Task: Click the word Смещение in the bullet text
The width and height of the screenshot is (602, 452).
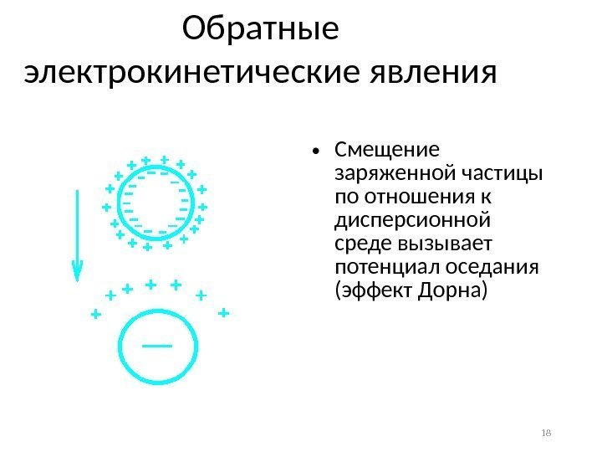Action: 385,152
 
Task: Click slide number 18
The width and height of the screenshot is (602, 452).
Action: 548,432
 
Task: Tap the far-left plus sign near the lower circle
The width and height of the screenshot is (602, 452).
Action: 95,315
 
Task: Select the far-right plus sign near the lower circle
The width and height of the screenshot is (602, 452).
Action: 222,312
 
